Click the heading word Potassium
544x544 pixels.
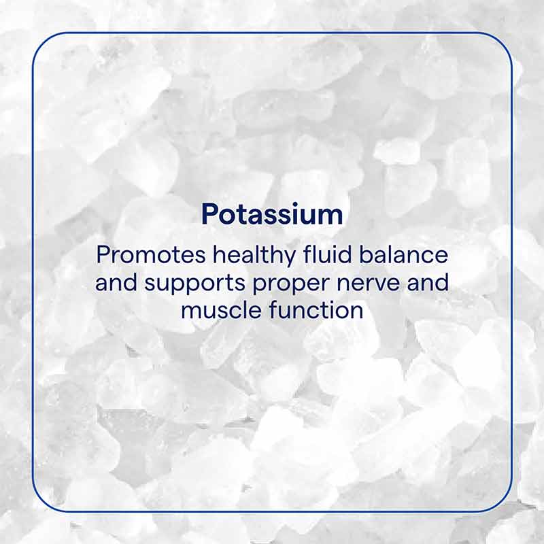pos(272,215)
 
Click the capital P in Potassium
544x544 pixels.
pos(209,215)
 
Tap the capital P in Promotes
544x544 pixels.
pos(103,256)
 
